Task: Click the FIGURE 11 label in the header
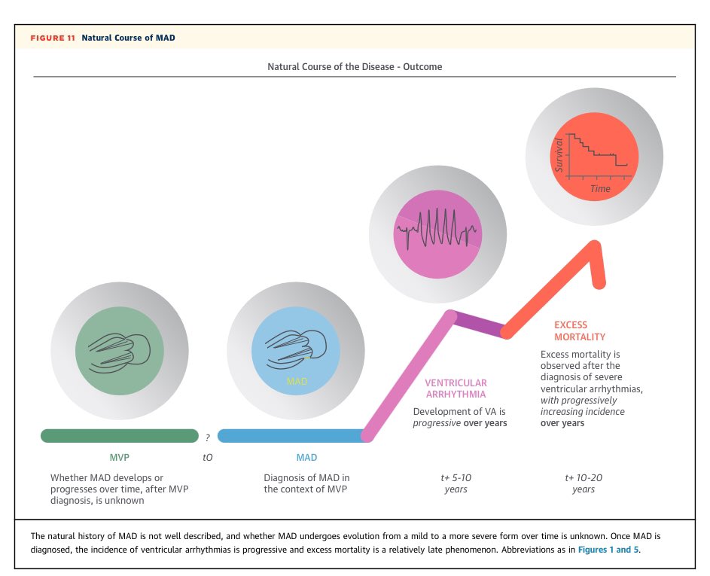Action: point(53,38)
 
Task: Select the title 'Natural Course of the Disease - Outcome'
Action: point(355,66)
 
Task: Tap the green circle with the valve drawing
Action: point(119,351)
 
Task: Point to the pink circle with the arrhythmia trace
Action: point(437,227)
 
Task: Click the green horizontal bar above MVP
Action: point(119,436)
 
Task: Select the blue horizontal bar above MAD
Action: point(292,436)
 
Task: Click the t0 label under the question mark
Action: point(208,457)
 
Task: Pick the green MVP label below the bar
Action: point(120,457)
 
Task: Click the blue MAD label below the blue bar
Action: point(306,457)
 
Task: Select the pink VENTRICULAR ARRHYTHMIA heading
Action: point(456,389)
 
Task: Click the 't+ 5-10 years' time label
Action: point(456,483)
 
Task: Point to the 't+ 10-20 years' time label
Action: point(584,483)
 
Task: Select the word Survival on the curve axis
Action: point(559,154)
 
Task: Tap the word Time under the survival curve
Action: point(600,188)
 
